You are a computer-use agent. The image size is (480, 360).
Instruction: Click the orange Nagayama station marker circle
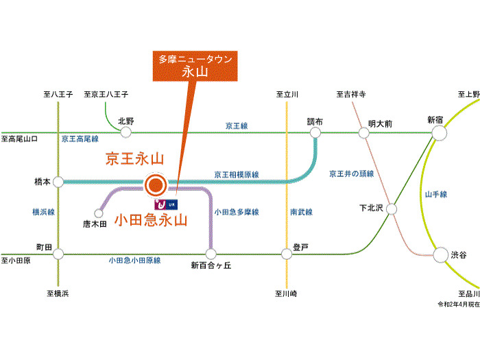[x=156, y=183]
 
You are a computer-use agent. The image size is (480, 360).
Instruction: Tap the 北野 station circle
[x=125, y=132]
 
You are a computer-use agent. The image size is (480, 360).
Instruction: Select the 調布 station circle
[x=315, y=132]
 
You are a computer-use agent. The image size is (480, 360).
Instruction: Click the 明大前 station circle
[x=363, y=132]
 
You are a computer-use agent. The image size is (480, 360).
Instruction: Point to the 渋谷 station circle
[x=440, y=254]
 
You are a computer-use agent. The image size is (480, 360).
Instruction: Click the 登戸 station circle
[x=287, y=254]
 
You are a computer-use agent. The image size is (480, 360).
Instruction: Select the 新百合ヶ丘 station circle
[x=211, y=254]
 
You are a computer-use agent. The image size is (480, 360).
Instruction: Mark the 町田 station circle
[x=59, y=254]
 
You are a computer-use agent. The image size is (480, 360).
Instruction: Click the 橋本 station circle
[x=59, y=182]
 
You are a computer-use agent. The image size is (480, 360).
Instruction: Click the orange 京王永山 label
[x=134, y=159]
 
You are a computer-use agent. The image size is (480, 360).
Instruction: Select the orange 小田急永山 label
[x=151, y=220]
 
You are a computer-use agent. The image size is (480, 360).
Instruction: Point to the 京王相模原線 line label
[x=237, y=174]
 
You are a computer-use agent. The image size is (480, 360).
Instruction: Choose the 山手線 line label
[x=435, y=194]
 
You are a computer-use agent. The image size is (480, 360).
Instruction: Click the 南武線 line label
[x=300, y=212]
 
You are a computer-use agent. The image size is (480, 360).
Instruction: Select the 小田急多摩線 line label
[x=237, y=212]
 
